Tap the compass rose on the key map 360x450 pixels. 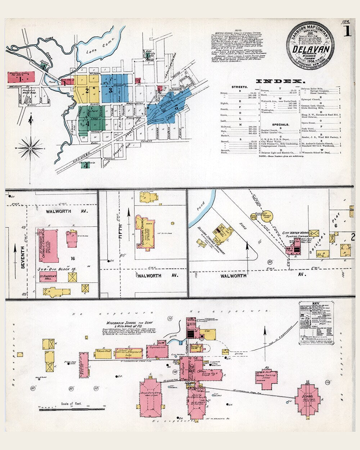tap(31, 147)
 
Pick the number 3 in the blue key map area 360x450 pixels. tap(111, 90)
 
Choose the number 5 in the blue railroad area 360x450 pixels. tap(176, 107)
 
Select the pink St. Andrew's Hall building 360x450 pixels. tap(48, 277)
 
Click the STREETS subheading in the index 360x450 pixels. tap(239, 87)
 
